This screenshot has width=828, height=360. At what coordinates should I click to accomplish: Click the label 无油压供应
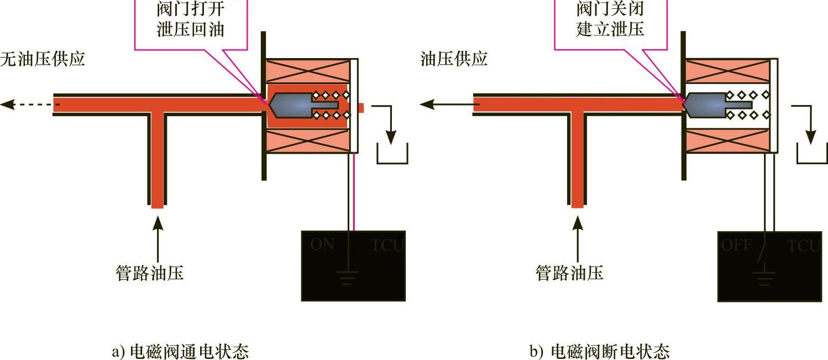(43, 59)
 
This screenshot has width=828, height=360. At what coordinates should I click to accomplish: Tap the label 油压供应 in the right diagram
(454, 59)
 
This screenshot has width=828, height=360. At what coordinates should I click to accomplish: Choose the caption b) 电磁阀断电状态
(600, 351)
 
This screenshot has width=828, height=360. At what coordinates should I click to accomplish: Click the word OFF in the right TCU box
(737, 244)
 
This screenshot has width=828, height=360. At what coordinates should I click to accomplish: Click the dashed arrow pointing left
(28, 104)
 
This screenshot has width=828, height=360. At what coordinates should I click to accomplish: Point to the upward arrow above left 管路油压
(158, 232)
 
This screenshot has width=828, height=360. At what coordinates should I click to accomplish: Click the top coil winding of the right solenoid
(727, 71)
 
